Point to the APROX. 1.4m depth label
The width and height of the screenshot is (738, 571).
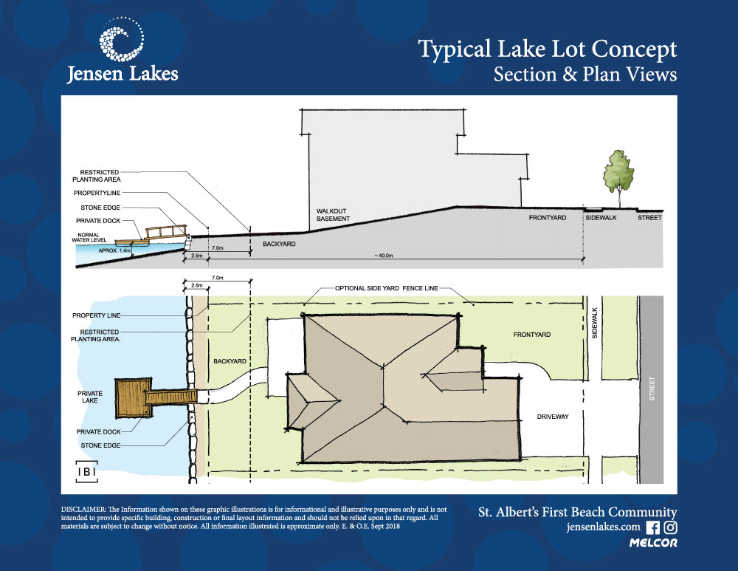(114, 251)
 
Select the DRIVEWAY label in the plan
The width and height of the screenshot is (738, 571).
(553, 417)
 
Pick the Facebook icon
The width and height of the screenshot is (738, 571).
(652, 527)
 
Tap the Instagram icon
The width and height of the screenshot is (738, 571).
(671, 527)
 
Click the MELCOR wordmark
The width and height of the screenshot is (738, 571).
(653, 544)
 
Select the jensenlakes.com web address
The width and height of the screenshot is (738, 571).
(603, 528)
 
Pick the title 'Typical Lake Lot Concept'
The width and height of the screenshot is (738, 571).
(547, 50)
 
